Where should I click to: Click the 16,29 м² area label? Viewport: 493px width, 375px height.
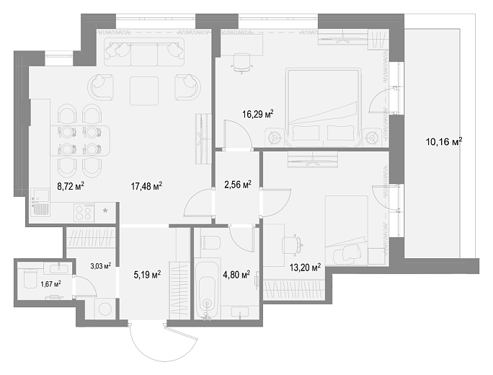coord(258,114)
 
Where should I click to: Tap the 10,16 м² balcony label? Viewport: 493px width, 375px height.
coord(444,141)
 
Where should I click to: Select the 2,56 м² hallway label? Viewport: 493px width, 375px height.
coord(238,185)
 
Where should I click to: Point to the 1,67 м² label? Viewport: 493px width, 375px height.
coord(50,284)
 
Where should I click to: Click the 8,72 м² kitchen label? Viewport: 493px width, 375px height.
coord(71,187)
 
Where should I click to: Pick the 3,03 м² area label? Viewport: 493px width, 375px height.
coord(101,266)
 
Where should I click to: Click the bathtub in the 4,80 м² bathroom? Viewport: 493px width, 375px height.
coord(207,288)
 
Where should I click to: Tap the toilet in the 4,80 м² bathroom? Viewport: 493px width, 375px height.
coord(210,242)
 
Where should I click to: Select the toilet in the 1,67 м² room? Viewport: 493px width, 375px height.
coord(30,278)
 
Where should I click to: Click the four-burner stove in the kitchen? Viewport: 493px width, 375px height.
coord(84,212)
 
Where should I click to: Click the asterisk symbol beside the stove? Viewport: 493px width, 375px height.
coord(105,211)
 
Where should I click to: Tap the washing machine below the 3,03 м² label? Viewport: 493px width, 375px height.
coord(105,309)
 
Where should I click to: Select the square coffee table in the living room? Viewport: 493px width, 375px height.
coord(144,91)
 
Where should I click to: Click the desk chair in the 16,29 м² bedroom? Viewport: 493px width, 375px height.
coord(241,63)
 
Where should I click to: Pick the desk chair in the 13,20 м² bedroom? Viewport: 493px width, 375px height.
coord(292,244)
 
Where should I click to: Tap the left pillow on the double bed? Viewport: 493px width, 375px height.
coord(306,133)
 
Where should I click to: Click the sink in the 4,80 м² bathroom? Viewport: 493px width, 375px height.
coord(240,312)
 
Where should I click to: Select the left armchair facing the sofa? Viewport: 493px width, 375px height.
coord(100,87)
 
